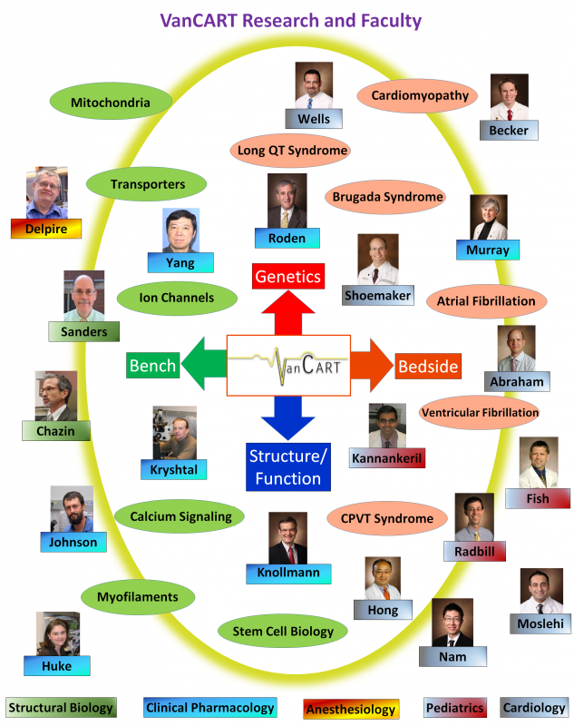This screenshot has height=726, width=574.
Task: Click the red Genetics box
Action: click(x=287, y=276)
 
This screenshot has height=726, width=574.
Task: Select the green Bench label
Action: click(x=152, y=367)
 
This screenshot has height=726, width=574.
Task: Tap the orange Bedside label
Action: click(x=428, y=367)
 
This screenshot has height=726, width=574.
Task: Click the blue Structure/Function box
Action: click(x=286, y=466)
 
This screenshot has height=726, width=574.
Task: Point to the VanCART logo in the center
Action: click(x=287, y=366)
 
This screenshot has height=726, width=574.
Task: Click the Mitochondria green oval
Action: click(x=110, y=103)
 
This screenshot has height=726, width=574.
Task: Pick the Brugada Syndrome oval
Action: click(x=387, y=196)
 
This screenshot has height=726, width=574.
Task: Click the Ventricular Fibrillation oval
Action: click(x=480, y=412)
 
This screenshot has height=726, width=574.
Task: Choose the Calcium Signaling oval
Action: click(x=180, y=516)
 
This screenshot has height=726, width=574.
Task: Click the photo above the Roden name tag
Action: click(x=287, y=201)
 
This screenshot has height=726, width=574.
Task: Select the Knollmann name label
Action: click(x=287, y=574)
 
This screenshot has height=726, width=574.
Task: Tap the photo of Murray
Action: click(x=489, y=217)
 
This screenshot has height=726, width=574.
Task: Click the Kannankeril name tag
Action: click(x=386, y=457)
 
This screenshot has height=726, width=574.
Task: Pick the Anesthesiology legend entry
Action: click(x=350, y=708)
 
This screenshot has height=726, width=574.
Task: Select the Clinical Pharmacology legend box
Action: click(x=210, y=708)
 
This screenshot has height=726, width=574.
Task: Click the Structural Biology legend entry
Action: click(x=61, y=708)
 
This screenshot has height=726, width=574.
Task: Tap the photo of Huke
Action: click(x=57, y=633)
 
